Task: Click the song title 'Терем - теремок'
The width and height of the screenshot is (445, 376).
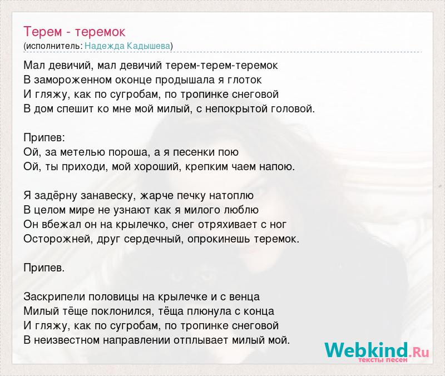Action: click(75, 32)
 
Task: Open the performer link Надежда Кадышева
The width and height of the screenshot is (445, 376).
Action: click(127, 46)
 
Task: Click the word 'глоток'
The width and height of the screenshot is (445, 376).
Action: click(245, 80)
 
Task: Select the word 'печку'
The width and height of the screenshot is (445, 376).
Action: click(192, 196)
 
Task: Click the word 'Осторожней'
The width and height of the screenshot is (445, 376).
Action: click(58, 239)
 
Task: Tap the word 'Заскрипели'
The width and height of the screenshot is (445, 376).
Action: click(55, 297)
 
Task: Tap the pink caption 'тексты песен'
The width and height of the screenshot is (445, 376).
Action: click(383, 360)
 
